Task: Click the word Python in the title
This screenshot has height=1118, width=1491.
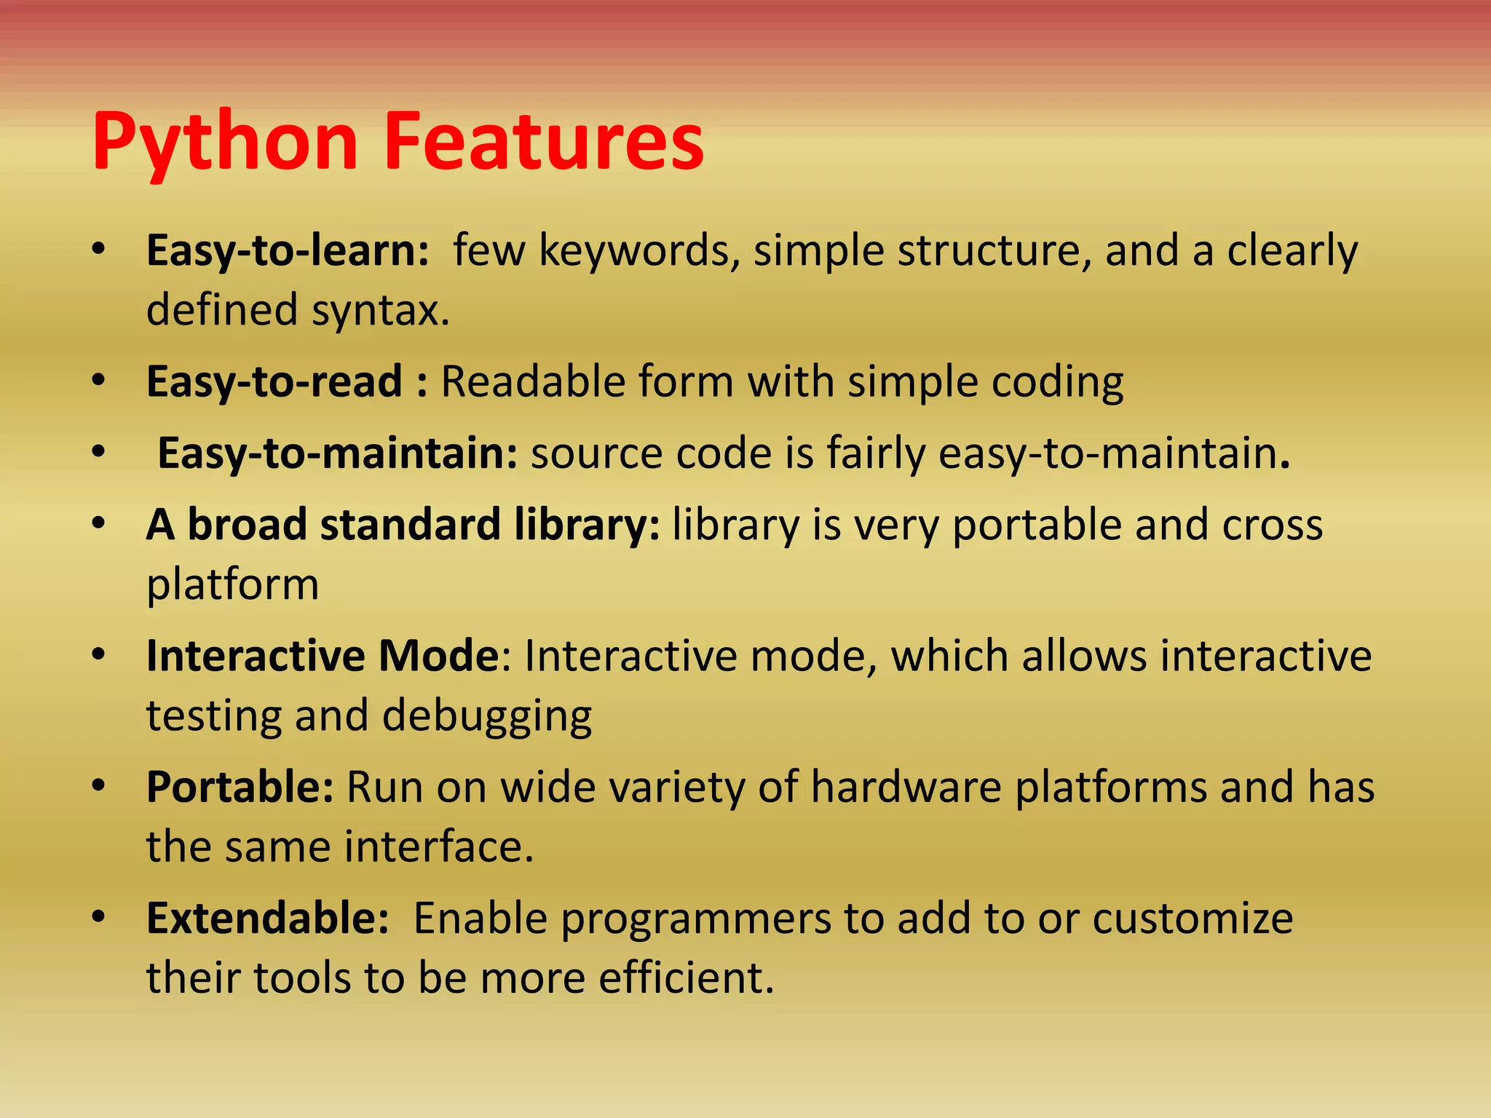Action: coord(225,142)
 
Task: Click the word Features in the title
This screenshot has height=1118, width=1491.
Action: coord(543,142)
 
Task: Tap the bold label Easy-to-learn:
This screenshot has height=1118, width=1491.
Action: coord(288,250)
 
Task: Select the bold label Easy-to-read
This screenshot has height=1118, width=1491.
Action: coord(274,381)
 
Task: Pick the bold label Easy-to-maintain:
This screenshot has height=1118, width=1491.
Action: coord(337,453)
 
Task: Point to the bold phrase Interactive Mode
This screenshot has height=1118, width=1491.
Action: coord(323,656)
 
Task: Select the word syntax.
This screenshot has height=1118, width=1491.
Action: coord(381,310)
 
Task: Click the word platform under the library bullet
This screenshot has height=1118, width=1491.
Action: coord(232,584)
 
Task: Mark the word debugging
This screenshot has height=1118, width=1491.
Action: coord(487,716)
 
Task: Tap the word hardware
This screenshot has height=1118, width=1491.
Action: coord(906,787)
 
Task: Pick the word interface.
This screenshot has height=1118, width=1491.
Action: coord(439,847)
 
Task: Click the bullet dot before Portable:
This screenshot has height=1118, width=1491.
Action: coord(99,786)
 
